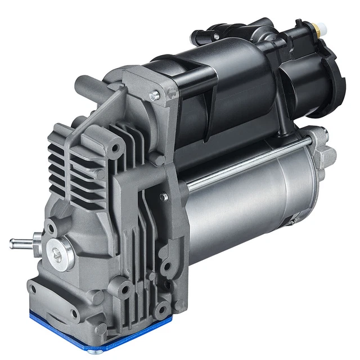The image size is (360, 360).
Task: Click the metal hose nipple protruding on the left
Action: coord(20,243)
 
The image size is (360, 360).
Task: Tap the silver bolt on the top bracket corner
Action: coord(153,96)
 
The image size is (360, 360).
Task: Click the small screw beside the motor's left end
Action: coord(164,197)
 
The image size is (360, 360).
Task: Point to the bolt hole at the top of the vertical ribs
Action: coord(117,148)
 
